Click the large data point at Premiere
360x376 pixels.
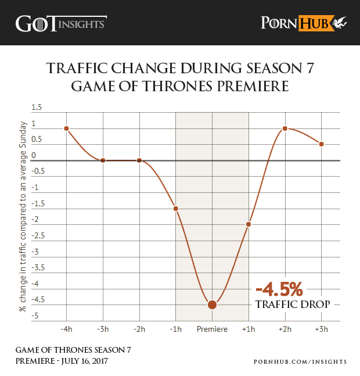[212, 304]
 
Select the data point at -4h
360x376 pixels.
[67, 128]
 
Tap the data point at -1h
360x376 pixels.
[175, 208]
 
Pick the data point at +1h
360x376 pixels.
[249, 224]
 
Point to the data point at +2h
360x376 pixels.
[285, 128]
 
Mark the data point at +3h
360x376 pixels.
[321, 144]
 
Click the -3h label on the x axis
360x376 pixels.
[103, 330]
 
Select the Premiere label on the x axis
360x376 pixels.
[212, 330]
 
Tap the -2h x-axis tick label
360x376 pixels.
[139, 330]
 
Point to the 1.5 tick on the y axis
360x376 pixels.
[37, 108]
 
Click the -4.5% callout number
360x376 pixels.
[279, 289]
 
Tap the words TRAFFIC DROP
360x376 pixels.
[293, 305]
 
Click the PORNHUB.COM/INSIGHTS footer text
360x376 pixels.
[300, 361]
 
